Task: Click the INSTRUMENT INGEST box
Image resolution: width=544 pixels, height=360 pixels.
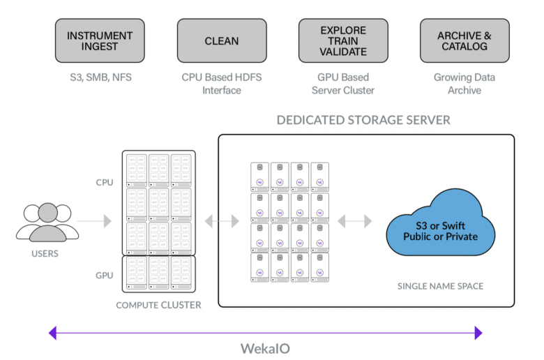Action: coord(100,40)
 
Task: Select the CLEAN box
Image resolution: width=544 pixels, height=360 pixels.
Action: coord(222,40)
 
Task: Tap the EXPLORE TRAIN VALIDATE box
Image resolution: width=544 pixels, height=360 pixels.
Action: coord(343,40)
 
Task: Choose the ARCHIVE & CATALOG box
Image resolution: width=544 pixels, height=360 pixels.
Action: coord(464,40)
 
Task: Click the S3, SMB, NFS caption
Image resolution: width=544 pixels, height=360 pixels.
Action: coord(100,77)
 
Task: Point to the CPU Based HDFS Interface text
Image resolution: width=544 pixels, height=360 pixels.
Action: coord(222,84)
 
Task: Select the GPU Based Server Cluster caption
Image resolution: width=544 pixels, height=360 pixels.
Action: coord(343,84)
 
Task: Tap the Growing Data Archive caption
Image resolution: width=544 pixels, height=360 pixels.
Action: coord(464,84)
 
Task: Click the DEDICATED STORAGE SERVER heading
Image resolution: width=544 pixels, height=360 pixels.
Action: coord(363,120)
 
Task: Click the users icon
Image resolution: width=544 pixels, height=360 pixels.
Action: coord(47,222)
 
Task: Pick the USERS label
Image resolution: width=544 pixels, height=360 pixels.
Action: coord(45,254)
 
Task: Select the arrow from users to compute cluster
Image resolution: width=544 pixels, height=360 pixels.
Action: coord(94,221)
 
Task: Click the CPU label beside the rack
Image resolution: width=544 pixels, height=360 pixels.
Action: coord(105,183)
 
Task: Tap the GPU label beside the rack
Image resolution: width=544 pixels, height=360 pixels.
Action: coord(105,276)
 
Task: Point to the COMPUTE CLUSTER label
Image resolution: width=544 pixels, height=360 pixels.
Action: coord(158,305)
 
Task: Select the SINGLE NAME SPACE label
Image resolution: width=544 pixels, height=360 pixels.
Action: coord(440,286)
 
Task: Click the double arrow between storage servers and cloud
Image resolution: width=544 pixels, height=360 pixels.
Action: coord(354,221)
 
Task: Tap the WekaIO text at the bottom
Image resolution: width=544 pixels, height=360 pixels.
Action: coord(266,349)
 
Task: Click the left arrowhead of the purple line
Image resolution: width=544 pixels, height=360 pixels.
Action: coord(52,333)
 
